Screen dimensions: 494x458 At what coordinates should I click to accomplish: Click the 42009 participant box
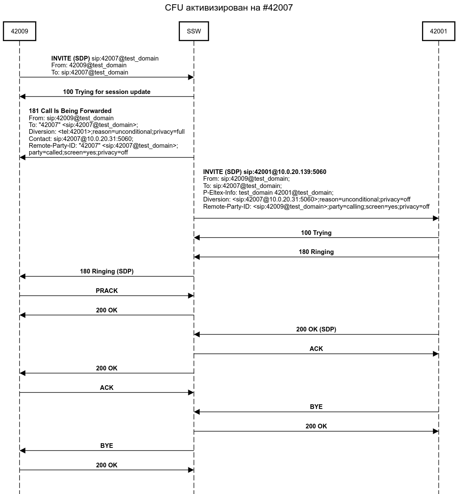point(19,31)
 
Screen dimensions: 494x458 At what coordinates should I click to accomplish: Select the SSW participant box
point(194,31)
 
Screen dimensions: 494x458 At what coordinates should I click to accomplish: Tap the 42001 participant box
point(439,31)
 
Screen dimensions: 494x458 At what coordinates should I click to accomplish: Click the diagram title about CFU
point(229,8)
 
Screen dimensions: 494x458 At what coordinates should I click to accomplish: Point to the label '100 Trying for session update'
point(107,92)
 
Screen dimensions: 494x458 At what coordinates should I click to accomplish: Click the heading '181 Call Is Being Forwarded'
point(70,111)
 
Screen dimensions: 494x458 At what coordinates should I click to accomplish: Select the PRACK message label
point(107,291)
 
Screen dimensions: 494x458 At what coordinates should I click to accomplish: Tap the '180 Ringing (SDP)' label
point(107,271)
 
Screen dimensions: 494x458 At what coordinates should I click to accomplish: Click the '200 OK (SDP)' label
point(316,329)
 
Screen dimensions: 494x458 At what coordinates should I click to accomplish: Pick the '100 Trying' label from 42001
point(316,233)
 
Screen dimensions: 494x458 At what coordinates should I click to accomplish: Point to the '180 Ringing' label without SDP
point(316,252)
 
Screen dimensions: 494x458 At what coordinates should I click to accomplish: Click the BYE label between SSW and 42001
point(316,407)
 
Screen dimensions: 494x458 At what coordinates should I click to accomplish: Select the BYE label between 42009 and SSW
point(107,446)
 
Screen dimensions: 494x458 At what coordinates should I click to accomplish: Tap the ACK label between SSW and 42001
point(316,349)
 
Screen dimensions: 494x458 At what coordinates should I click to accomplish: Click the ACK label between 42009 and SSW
point(107,388)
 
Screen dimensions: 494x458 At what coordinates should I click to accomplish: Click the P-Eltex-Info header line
point(268,193)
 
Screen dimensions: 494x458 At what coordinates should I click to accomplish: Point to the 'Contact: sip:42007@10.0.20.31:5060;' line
point(81,139)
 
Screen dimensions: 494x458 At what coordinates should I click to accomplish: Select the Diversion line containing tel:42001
point(107,132)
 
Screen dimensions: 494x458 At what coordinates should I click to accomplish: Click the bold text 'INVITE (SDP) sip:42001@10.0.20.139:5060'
point(265,172)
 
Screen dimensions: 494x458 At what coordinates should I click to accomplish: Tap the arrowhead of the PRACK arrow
point(191,296)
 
